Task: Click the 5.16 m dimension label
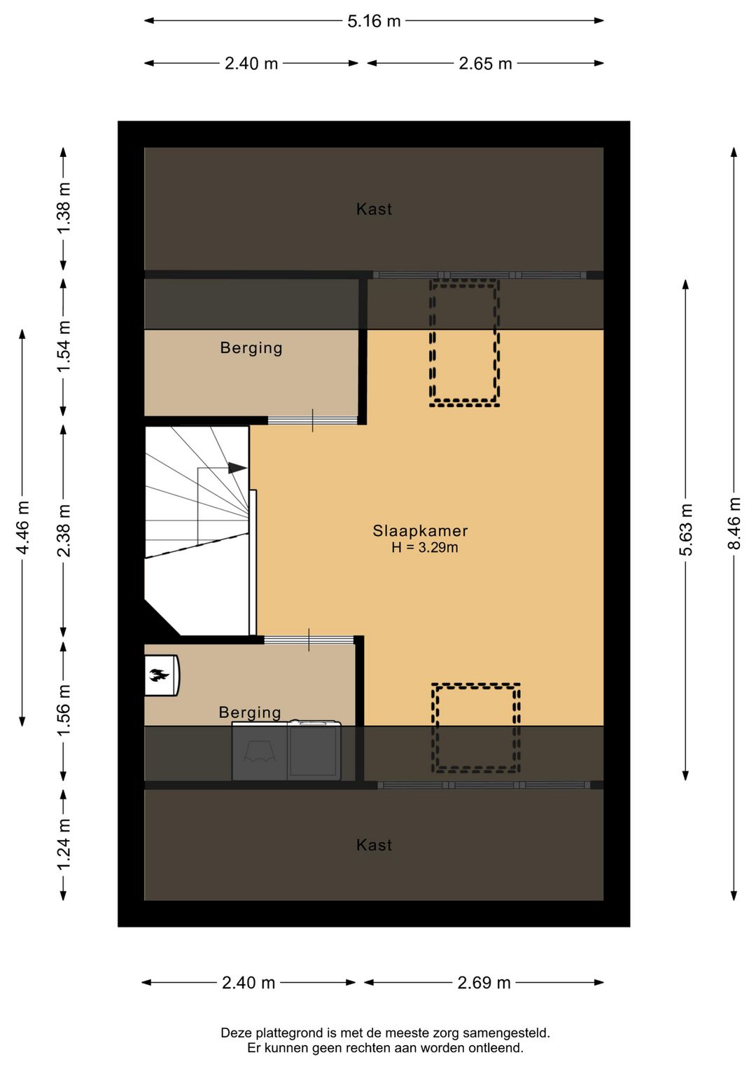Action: click(374, 21)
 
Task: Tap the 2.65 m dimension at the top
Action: click(485, 64)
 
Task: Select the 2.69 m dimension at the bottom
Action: click(484, 983)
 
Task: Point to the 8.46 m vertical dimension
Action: click(734, 523)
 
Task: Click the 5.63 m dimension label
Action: click(686, 530)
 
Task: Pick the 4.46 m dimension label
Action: click(22, 527)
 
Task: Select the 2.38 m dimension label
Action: click(64, 530)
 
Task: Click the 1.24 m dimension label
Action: click(64, 845)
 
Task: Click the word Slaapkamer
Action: click(420, 531)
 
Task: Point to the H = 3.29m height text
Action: click(424, 548)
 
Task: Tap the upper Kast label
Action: click(374, 209)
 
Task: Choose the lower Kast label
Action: click(374, 846)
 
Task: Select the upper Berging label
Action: click(251, 348)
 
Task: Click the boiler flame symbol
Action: click(159, 675)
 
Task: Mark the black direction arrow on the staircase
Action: click(237, 468)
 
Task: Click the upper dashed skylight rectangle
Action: click(464, 343)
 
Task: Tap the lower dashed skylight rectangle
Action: click(476, 728)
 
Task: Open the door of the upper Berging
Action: click(312, 420)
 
